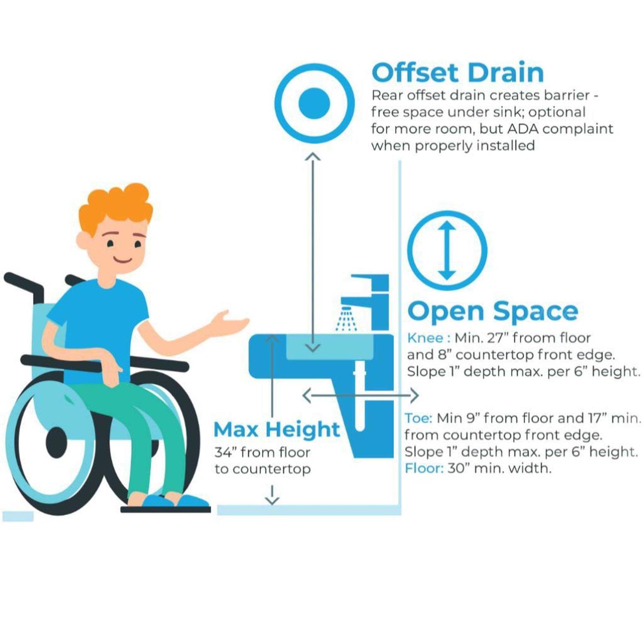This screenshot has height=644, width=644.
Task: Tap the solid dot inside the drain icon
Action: [314, 103]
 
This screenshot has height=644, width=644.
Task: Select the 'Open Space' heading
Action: [492, 311]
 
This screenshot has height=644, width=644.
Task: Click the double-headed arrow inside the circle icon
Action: [447, 250]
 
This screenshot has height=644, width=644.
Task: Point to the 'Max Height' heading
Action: [277, 429]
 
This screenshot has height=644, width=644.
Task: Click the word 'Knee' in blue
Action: [425, 338]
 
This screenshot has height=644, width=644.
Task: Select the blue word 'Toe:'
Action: [419, 418]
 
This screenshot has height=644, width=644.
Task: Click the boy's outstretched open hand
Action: [230, 322]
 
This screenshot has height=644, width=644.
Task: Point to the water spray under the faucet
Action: [346, 319]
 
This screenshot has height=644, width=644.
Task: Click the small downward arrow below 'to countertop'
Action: [272, 495]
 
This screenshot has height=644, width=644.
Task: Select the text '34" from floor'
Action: [262, 452]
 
